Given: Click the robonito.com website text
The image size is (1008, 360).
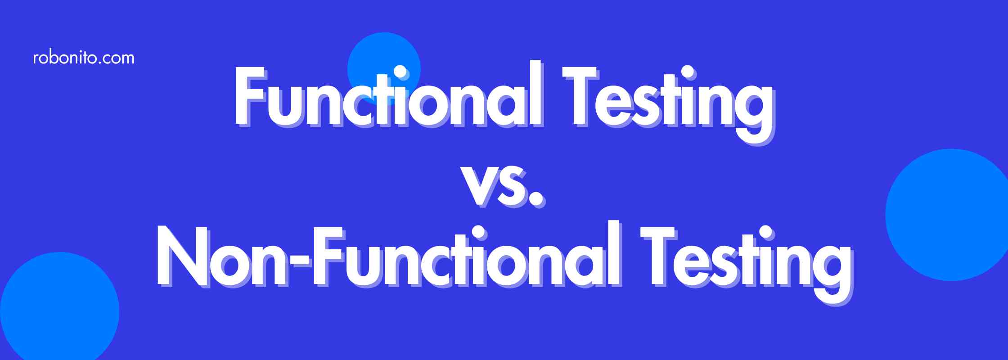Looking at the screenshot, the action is coord(84,58).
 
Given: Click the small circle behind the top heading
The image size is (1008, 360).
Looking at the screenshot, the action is coord(384,69).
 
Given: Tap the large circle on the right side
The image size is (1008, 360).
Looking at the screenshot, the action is coord(947,215).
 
